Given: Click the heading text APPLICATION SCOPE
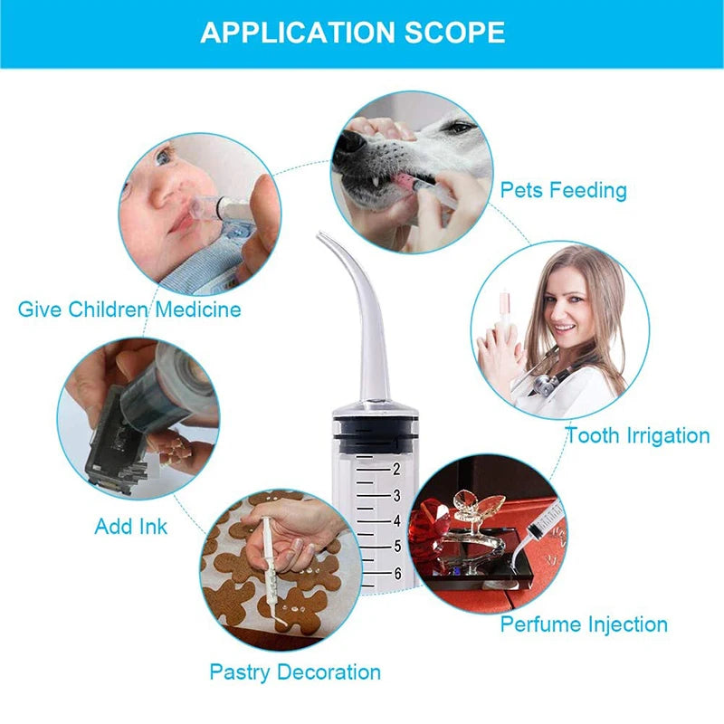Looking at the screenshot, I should (352, 33).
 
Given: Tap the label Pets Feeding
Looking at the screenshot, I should (563, 190).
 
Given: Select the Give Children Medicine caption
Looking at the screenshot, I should (129, 310).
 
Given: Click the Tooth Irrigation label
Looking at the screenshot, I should (637, 435).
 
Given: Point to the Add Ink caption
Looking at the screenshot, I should (131, 526).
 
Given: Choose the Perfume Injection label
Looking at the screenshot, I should (584, 624).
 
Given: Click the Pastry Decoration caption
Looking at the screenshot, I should (295, 672).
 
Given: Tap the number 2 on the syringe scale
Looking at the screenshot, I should (395, 469).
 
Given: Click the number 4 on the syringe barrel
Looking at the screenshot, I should (395, 520).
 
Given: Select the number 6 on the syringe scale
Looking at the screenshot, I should (395, 573).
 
